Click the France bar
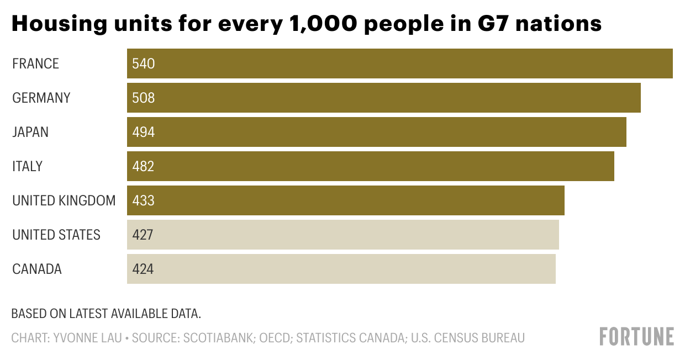point(399,63)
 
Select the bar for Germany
point(383,98)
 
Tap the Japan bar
point(376,132)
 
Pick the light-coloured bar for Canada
point(341,269)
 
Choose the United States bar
point(342,235)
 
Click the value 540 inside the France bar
point(143,64)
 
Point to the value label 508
point(143,98)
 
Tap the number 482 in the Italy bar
point(143,166)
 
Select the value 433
point(143,200)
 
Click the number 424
point(143,269)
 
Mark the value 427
point(143,235)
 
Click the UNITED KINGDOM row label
point(64,200)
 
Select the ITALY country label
point(27,166)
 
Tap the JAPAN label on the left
point(30,132)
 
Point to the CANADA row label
point(37,269)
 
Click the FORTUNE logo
point(637,336)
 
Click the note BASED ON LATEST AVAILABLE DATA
point(106,314)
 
